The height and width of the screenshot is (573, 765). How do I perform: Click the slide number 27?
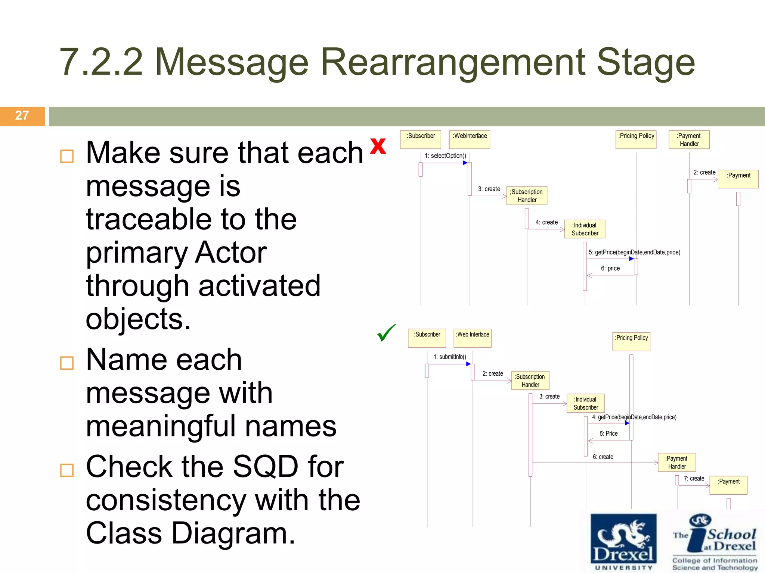pyautogui.click(x=22, y=116)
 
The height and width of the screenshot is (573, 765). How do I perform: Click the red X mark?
pyautogui.click(x=378, y=146)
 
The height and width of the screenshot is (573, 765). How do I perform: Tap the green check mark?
pyautogui.click(x=386, y=333)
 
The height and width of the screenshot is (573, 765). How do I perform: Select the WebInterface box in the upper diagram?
pyautogui.click(x=470, y=140)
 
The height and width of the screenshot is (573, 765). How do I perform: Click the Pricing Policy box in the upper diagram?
pyautogui.click(x=636, y=140)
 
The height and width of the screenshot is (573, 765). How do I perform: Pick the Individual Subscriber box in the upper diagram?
pyautogui.click(x=585, y=229)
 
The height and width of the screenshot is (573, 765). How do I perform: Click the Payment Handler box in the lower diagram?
pyautogui.click(x=677, y=463)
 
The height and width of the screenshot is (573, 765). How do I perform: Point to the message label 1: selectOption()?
pyautogui.click(x=445, y=156)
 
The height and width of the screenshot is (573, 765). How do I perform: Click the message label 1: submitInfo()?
pyautogui.click(x=450, y=357)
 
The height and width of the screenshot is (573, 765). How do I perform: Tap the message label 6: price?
pyautogui.click(x=610, y=269)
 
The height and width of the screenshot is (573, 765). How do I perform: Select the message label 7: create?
pyautogui.click(x=694, y=479)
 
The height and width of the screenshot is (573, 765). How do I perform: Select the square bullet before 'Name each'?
pyautogui.click(x=67, y=363)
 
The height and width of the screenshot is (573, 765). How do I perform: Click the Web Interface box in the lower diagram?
pyautogui.click(x=473, y=338)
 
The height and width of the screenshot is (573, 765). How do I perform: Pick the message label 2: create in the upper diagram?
pyautogui.click(x=704, y=172)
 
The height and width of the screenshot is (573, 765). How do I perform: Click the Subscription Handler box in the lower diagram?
pyautogui.click(x=530, y=381)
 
